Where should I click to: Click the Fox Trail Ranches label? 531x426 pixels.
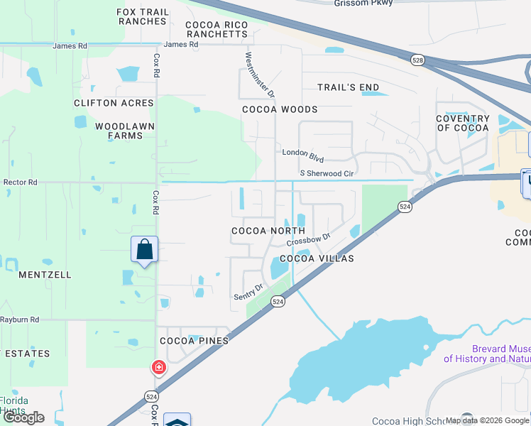143,16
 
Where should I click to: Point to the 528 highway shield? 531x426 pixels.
417,62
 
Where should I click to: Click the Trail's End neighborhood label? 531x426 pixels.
348,87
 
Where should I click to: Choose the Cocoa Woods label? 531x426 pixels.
280,109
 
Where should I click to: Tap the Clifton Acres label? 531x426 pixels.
114,103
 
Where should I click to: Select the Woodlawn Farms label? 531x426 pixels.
121,131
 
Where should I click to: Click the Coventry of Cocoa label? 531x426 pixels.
463,123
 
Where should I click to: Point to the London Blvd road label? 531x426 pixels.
302,152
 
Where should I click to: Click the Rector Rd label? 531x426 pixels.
20,182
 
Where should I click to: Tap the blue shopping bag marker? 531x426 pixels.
145,251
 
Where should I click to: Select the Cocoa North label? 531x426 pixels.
268,231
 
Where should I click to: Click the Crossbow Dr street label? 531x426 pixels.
309,240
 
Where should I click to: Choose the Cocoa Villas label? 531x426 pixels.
317,258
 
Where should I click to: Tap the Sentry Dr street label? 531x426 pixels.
248,290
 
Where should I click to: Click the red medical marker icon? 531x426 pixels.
158,367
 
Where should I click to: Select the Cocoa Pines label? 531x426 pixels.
194,341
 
